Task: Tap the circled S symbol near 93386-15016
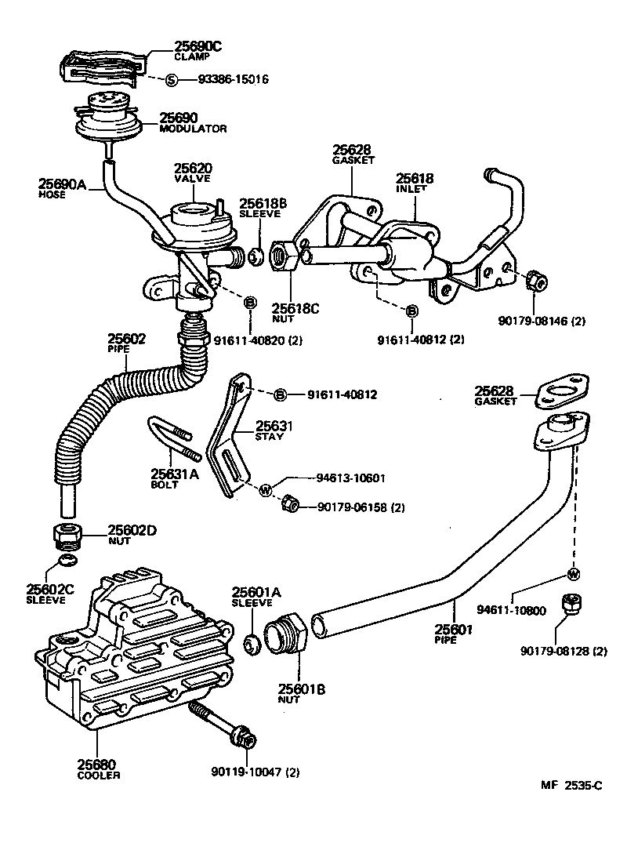pyautogui.click(x=172, y=79)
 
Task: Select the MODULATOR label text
pyautogui.click(x=193, y=128)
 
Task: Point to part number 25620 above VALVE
pyautogui.click(x=193, y=169)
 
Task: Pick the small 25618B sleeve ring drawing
pyautogui.click(x=255, y=256)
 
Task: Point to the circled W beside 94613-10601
pyautogui.click(x=265, y=490)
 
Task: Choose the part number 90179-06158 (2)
pyautogui.click(x=361, y=507)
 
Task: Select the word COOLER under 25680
pyautogui.click(x=99, y=775)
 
